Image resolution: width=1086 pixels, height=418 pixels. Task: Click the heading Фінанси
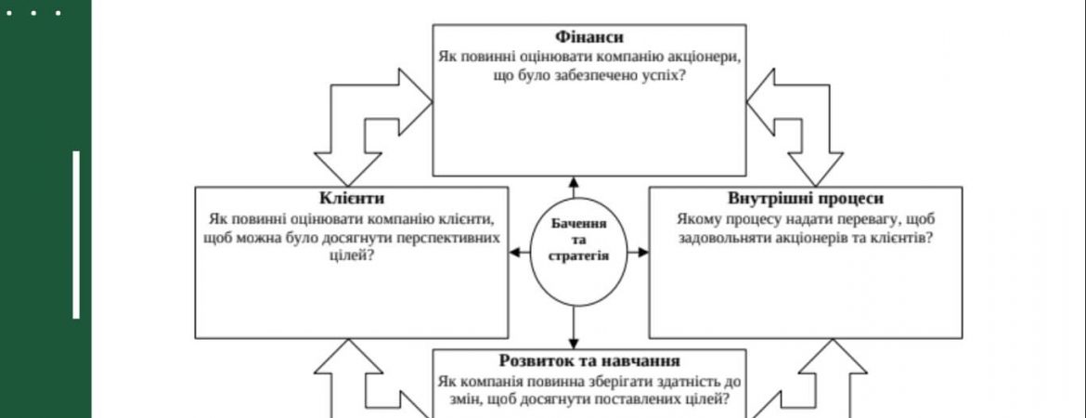(x=588, y=37)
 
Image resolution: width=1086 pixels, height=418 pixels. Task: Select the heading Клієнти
(x=351, y=198)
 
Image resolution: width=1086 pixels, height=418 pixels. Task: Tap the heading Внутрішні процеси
(x=806, y=198)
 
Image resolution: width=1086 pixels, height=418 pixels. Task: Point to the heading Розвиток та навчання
(x=589, y=360)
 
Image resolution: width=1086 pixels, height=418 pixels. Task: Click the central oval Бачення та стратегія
(x=579, y=253)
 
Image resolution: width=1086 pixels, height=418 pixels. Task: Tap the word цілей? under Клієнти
(x=351, y=256)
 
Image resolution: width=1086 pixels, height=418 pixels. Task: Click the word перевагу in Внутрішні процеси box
(x=868, y=219)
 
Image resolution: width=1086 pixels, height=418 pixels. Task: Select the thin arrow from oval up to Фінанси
(x=574, y=188)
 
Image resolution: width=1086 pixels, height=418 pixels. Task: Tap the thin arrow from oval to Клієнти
(x=520, y=253)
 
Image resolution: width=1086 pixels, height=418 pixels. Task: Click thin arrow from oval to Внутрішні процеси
(x=639, y=253)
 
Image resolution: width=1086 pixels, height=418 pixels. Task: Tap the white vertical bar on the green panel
(x=76, y=234)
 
